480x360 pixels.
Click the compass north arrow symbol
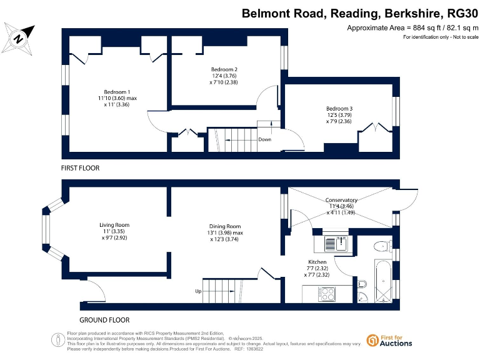click(x=19, y=38)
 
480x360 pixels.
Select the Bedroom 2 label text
click(x=224, y=69)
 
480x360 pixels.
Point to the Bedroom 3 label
click(x=339, y=109)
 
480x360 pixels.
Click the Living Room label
click(x=114, y=225)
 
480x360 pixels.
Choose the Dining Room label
click(x=225, y=226)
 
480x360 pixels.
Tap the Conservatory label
click(x=341, y=200)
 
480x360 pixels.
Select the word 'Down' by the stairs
click(x=264, y=139)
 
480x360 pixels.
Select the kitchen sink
click(x=341, y=242)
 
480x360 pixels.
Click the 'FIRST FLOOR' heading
click(x=80, y=168)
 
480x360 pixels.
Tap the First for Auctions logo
click(x=389, y=340)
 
